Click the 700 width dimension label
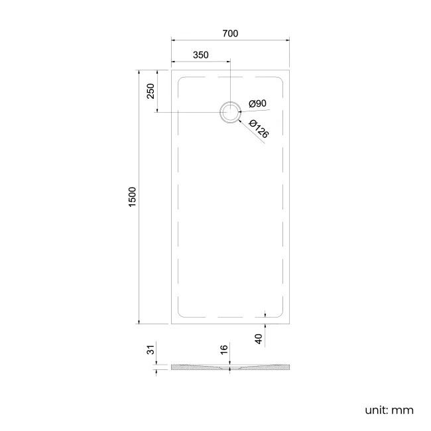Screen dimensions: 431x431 pyautogui.click(x=230, y=34)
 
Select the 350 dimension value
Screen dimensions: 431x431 pyautogui.click(x=201, y=55)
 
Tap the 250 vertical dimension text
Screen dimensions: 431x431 pyautogui.click(x=151, y=91)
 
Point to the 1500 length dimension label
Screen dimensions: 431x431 pyautogui.click(x=132, y=197)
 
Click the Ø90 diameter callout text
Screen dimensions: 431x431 pyautogui.click(x=257, y=103)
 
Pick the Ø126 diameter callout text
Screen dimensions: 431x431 pyautogui.click(x=259, y=129)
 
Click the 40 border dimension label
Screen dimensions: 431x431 pyautogui.click(x=259, y=338)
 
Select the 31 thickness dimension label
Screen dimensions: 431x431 pyautogui.click(x=151, y=349)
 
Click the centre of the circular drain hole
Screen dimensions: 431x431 pyautogui.click(x=230, y=112)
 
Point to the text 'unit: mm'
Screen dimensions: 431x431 pyautogui.click(x=389, y=410)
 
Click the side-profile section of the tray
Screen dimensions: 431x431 pyautogui.click(x=230, y=367)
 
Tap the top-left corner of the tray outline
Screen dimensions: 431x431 pyautogui.click(x=172, y=66)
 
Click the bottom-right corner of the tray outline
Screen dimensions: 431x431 pyautogui.click(x=290, y=324)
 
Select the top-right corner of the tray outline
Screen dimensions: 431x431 pyautogui.click(x=290, y=66)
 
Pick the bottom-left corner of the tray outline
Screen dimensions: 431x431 pyautogui.click(x=172, y=324)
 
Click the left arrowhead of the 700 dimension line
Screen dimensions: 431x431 pyautogui.click(x=174, y=42)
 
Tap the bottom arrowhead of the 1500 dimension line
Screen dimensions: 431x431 pyautogui.click(x=138, y=322)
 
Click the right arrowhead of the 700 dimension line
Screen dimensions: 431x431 pyautogui.click(x=288, y=42)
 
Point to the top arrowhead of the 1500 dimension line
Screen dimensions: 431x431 pyautogui.click(x=138, y=69)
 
